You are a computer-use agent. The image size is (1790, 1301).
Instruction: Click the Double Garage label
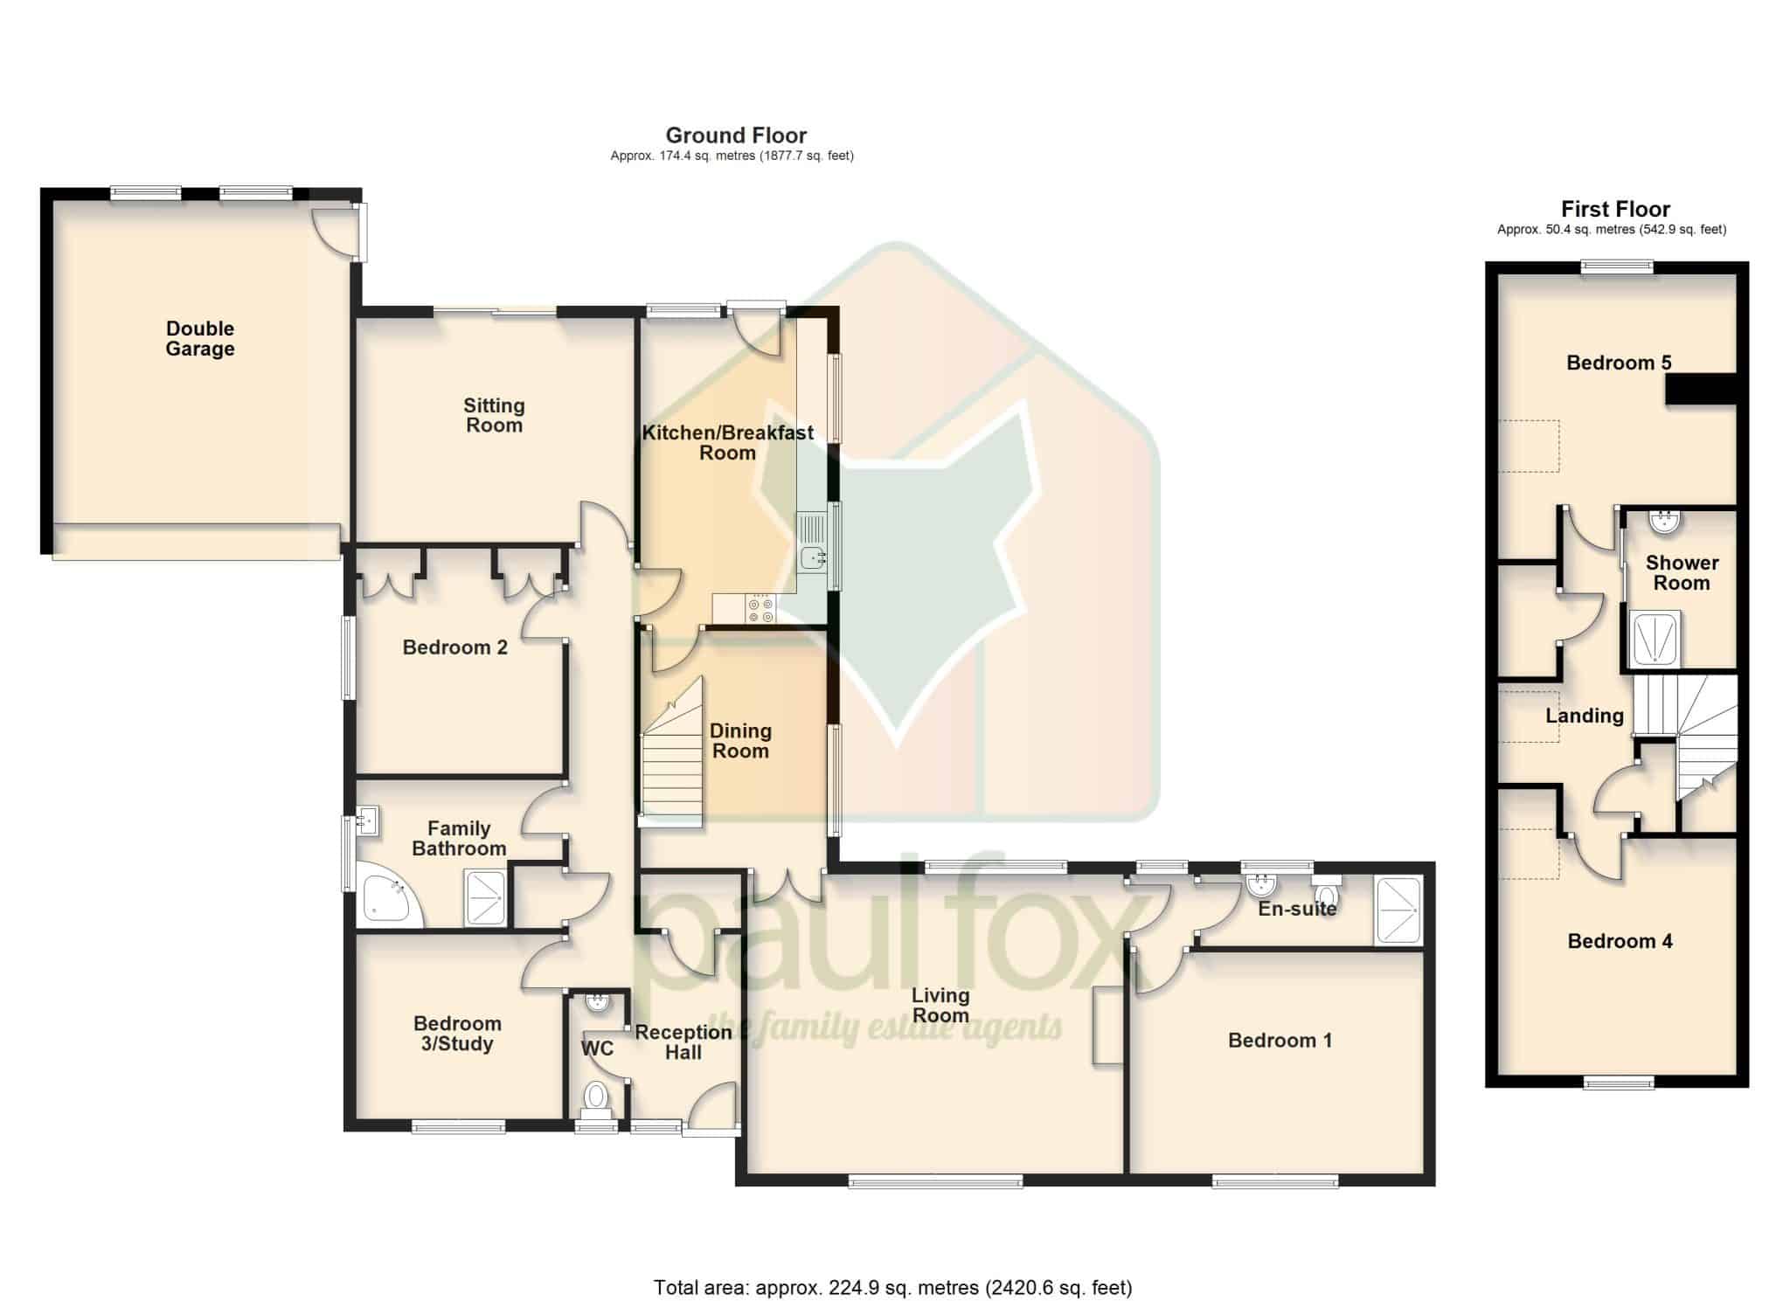(x=200, y=338)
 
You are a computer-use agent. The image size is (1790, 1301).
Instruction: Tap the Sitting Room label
(x=494, y=415)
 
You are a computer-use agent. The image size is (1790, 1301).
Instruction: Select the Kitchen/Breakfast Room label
(x=728, y=442)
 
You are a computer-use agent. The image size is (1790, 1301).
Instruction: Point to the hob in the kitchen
(x=760, y=609)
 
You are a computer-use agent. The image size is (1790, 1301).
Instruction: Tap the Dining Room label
(x=740, y=741)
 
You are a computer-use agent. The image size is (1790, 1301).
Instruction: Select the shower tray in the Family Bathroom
(x=486, y=897)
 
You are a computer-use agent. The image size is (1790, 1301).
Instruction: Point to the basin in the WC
(x=597, y=1001)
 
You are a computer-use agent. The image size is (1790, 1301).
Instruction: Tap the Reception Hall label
(x=683, y=1041)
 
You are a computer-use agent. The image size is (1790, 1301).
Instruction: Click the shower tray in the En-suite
(x=1398, y=910)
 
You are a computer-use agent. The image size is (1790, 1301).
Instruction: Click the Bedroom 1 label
(x=1280, y=1040)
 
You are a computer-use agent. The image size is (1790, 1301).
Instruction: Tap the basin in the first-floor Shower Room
(x=1662, y=522)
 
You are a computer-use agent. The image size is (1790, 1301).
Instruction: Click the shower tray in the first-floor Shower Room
(x=1655, y=640)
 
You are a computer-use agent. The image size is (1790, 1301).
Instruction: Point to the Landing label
(x=1584, y=716)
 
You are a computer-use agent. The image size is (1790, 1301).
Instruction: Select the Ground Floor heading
(x=736, y=135)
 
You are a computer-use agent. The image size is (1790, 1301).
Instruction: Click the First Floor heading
(x=1615, y=209)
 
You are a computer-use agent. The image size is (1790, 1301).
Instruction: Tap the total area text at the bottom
(x=893, y=1286)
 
